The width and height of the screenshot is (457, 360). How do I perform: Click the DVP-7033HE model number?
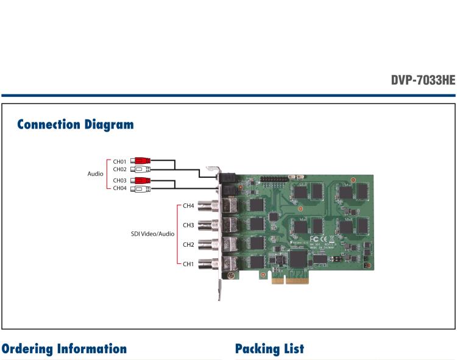coord(422,80)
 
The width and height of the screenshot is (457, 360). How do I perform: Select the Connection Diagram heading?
coord(75,125)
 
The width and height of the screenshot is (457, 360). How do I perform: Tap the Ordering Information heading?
coord(64,349)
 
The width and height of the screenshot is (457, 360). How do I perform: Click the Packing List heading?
coord(269,349)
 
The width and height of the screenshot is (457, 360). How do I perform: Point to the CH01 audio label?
coord(119,161)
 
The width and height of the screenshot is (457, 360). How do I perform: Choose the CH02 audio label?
coord(119,169)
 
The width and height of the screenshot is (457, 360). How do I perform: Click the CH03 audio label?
coord(119,181)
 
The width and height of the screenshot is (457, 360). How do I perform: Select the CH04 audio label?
coord(119,189)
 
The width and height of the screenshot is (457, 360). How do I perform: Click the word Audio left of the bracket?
coord(95,174)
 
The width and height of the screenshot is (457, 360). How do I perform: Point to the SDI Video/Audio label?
coord(152,234)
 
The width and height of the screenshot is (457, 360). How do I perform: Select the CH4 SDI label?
coord(188,206)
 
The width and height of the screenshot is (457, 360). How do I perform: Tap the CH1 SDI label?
coord(188,264)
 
